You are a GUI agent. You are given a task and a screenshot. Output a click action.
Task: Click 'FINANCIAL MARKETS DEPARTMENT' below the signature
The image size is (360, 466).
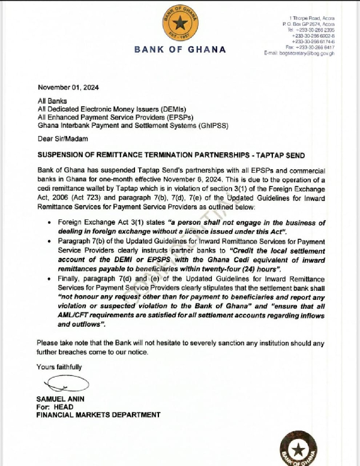click(98, 414)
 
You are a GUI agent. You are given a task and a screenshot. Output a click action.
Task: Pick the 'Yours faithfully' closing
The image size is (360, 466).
click(59, 367)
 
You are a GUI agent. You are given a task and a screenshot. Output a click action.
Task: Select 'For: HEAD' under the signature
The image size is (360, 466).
click(55, 407)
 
